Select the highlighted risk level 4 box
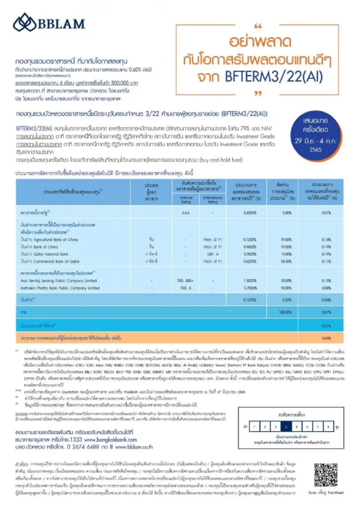pyautogui.click(x=286, y=427)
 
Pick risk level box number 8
pyautogui.click(x=328, y=427)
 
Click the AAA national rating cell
pyautogui.click(x=186, y=213)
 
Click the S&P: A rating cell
pyautogui.click(x=213, y=254)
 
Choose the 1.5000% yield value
pyautogui.click(x=250, y=281)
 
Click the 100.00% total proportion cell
pyautogui.click(x=285, y=312)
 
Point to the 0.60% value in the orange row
pyautogui.click(x=326, y=338)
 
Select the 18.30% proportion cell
pyautogui.click(x=286, y=261)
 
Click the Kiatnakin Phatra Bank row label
pyautogui.click(x=60, y=288)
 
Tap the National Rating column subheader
pyautogui.click(x=186, y=200)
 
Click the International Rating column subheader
pyautogui.click(x=212, y=200)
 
